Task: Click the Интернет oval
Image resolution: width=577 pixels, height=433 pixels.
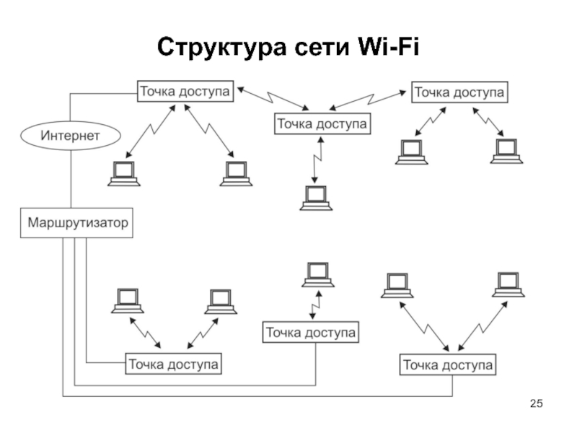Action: pos(70,135)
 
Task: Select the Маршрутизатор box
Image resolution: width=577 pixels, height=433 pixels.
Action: pos(78,222)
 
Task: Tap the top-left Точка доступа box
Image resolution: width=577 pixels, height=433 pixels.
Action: pos(185,92)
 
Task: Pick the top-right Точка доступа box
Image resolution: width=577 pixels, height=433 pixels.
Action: pos(459,92)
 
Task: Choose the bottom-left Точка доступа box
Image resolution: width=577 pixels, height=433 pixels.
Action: pos(174,364)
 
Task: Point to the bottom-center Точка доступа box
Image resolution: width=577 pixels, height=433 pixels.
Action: pos(311,333)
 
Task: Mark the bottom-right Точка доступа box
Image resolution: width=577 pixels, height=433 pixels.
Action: pos(448,365)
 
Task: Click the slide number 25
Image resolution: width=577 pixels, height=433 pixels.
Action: pos(536,402)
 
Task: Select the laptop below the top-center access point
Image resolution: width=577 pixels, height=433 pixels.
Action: pos(316,198)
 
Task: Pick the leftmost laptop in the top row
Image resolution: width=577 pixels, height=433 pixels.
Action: pos(123,174)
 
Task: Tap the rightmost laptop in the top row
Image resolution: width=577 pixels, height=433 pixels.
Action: pos(506,151)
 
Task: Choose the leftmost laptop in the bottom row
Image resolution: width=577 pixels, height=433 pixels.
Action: pos(128,301)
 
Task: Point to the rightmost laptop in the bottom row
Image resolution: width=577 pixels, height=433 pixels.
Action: pos(508,284)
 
